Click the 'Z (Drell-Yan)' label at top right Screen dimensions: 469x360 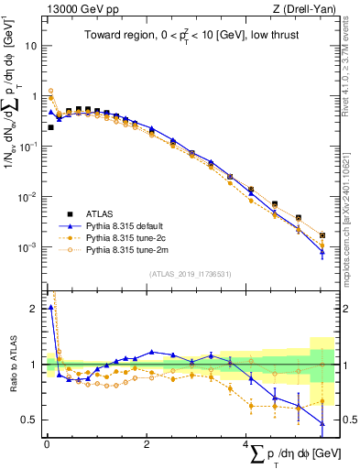click(x=303, y=9)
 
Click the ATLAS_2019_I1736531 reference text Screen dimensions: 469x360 click(x=189, y=274)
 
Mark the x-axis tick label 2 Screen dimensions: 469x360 click(x=147, y=443)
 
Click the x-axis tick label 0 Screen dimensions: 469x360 click(x=47, y=443)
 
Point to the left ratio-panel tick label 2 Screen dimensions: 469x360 click(x=33, y=308)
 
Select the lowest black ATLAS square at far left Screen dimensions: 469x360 click(x=50, y=127)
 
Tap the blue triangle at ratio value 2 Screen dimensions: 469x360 click(x=50, y=308)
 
